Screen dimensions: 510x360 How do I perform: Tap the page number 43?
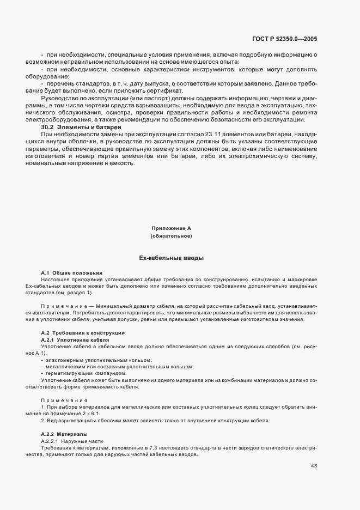[x=314, y=466]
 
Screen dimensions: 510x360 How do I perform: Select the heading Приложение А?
[x=171, y=228]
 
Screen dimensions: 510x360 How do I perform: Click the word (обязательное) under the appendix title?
[x=171, y=236]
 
